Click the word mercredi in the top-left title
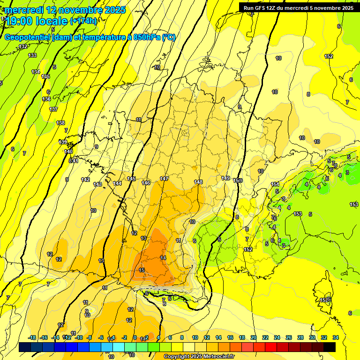click(24, 10)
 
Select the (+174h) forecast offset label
click(84, 21)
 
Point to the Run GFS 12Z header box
click(299, 7)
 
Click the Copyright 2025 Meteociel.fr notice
click(199, 356)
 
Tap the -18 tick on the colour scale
click(32, 337)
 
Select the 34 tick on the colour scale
click(336, 337)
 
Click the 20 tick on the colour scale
click(254, 337)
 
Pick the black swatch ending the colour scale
click(330, 347)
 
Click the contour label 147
click(164, 179)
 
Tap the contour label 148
click(198, 182)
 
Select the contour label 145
click(131, 179)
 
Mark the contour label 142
click(85, 180)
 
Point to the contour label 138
click(60, 123)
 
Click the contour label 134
click(36, 72)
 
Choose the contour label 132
click(23, 46)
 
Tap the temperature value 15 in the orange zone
click(142, 270)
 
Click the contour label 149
click(226, 178)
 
